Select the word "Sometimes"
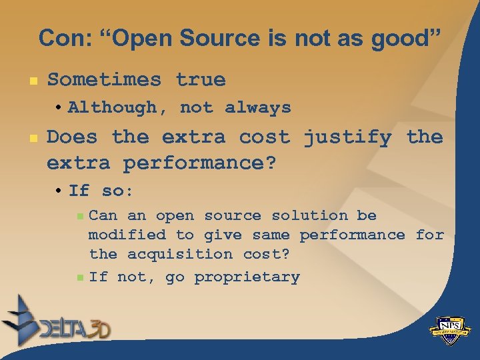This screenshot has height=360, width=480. pos(104,80)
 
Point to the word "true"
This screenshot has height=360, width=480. pos(201,80)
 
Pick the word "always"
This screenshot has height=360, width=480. pos(258,107)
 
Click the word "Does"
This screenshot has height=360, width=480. pos(71,137)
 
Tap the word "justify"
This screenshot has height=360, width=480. pos(347,137)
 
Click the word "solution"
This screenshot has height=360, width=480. pos(309,215)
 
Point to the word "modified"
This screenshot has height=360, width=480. pos(127,235)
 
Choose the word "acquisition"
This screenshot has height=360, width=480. pos(180,254)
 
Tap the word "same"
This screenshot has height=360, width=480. pos(271,235)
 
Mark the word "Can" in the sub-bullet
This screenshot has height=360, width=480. pos(103,215)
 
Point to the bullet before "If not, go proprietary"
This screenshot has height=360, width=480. pos(80,277)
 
